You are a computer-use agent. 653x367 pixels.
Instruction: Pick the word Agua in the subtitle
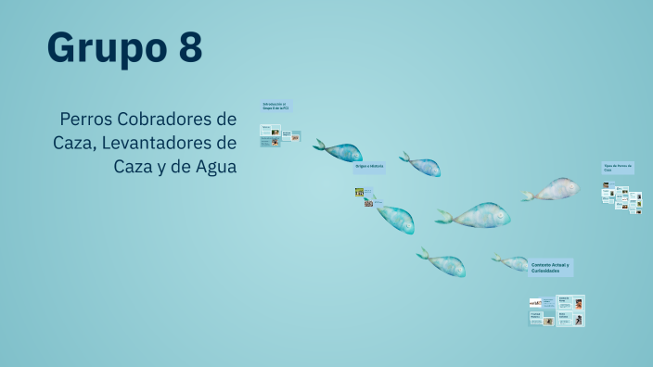[212, 167]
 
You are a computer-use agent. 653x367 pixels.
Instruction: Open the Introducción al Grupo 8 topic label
[275, 107]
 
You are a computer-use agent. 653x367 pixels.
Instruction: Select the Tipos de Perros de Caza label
[618, 168]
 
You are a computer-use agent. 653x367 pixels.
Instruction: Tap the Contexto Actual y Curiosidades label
[551, 267]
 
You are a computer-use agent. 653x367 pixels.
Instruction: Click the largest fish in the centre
[478, 216]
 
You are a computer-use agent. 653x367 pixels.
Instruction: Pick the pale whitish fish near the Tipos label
[554, 190]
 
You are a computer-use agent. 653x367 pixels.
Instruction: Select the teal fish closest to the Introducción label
[339, 151]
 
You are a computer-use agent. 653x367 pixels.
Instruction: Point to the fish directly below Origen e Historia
[394, 219]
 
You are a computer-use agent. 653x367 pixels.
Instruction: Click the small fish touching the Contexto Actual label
[512, 263]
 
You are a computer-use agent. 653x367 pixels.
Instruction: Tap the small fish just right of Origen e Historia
[422, 166]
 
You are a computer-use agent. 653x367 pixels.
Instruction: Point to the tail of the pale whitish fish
[527, 196]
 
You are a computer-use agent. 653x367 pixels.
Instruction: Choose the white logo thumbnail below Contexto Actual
[535, 302]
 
